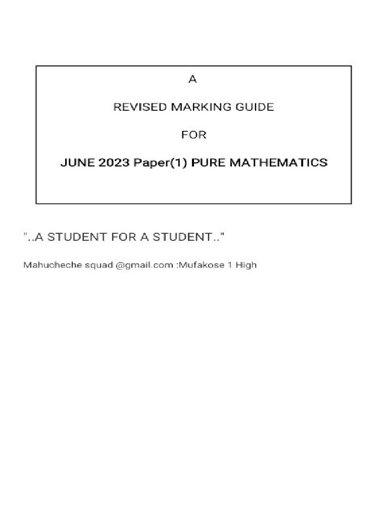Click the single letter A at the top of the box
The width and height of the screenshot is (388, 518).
click(x=191, y=79)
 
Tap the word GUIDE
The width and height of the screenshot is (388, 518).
click(x=256, y=107)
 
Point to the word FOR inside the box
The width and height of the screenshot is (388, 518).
click(x=194, y=135)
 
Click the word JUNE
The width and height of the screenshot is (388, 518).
click(x=76, y=163)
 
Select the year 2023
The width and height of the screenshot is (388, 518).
click(x=114, y=163)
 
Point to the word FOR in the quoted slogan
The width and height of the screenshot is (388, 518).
click(x=120, y=237)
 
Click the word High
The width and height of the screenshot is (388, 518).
click(x=246, y=265)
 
